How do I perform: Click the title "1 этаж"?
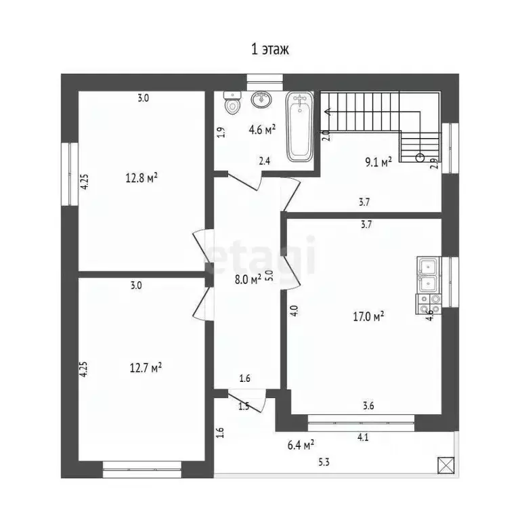[270, 49]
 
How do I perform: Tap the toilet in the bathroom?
[232, 103]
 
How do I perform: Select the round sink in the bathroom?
[261, 100]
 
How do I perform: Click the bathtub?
[299, 127]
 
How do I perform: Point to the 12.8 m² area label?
[142, 178]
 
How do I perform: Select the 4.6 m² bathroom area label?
[262, 129]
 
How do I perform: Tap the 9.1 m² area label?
[378, 162]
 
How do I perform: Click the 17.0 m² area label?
[369, 315]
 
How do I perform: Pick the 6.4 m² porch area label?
[299, 445]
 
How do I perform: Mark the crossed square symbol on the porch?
[445, 465]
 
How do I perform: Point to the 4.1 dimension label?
[363, 437]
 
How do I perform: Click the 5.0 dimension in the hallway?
[268, 276]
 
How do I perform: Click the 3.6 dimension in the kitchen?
[368, 406]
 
